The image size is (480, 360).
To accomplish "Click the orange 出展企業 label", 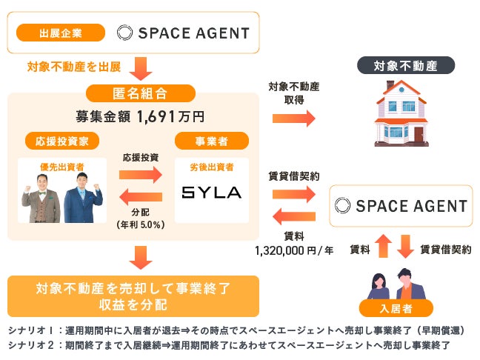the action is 62,33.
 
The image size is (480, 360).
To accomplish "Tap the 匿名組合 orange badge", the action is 141,93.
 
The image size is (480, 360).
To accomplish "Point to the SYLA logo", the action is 212,193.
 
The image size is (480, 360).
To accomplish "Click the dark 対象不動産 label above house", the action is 405,66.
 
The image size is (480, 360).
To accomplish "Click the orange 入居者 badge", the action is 393,308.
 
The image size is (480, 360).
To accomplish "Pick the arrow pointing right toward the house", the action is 293,119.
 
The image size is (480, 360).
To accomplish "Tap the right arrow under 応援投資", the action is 140,175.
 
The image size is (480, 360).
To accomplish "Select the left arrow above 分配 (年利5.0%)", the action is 140,196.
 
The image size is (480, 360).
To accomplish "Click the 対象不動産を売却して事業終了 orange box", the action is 133,296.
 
